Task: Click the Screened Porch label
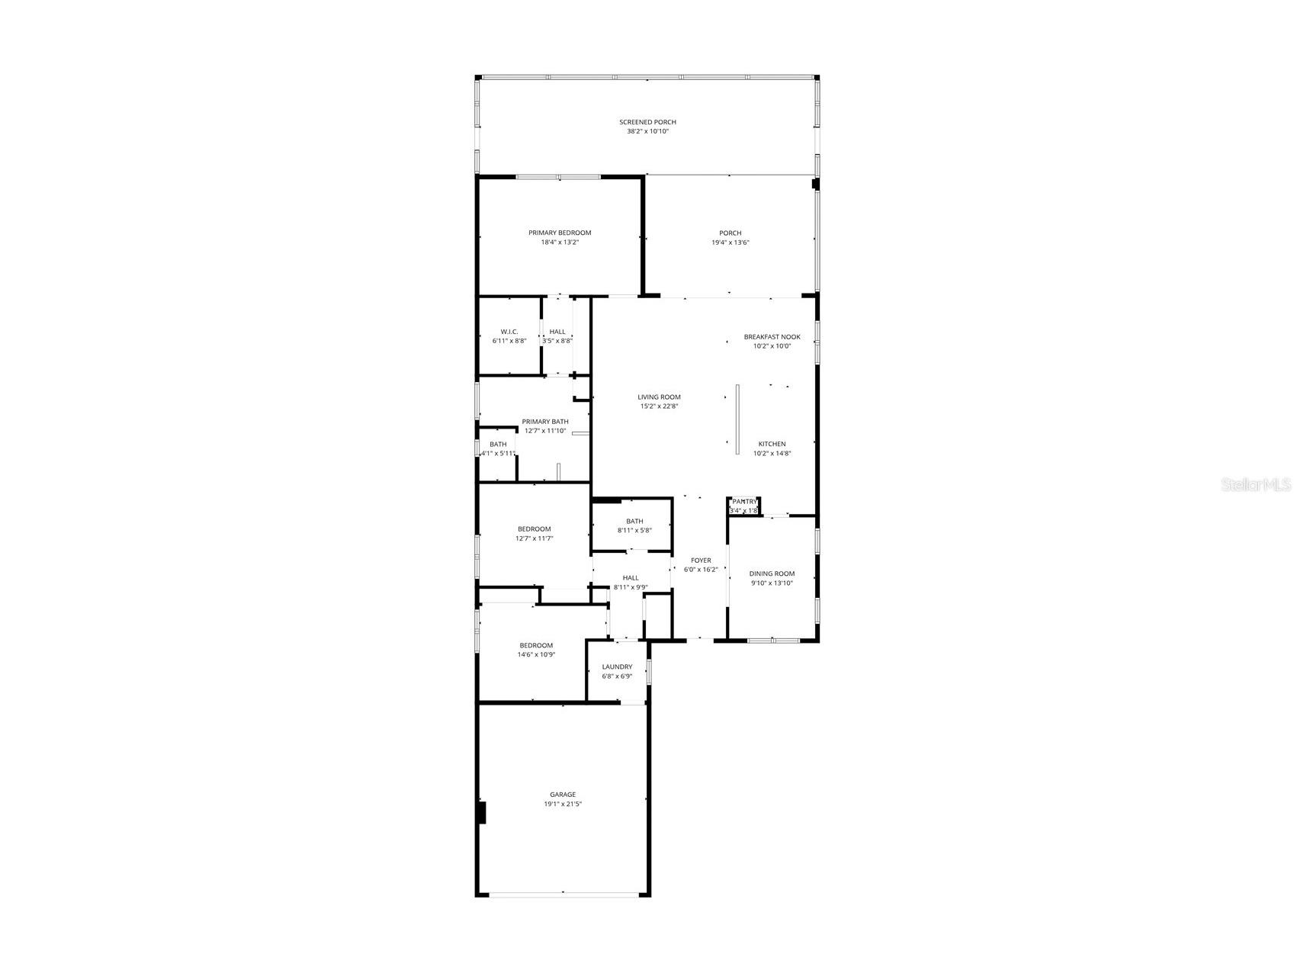pos(647,122)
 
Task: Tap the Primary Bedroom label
pos(560,233)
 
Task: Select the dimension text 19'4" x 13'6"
pos(730,242)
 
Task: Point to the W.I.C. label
pos(509,332)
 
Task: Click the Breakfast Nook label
pos(772,336)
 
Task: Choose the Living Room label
pos(659,397)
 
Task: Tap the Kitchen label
pos(772,444)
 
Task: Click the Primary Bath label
pos(544,422)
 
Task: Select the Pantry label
pos(744,501)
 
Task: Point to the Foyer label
pos(701,560)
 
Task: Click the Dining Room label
pos(772,573)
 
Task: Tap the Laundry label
pos(617,666)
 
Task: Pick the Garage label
pos(563,795)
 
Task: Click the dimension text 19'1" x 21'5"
pos(563,804)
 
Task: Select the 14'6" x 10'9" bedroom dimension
pos(536,654)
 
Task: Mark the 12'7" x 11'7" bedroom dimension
pos(534,538)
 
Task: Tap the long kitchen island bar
pos(737,419)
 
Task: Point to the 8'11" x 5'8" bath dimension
pos(634,530)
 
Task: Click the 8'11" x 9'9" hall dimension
pos(631,587)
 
